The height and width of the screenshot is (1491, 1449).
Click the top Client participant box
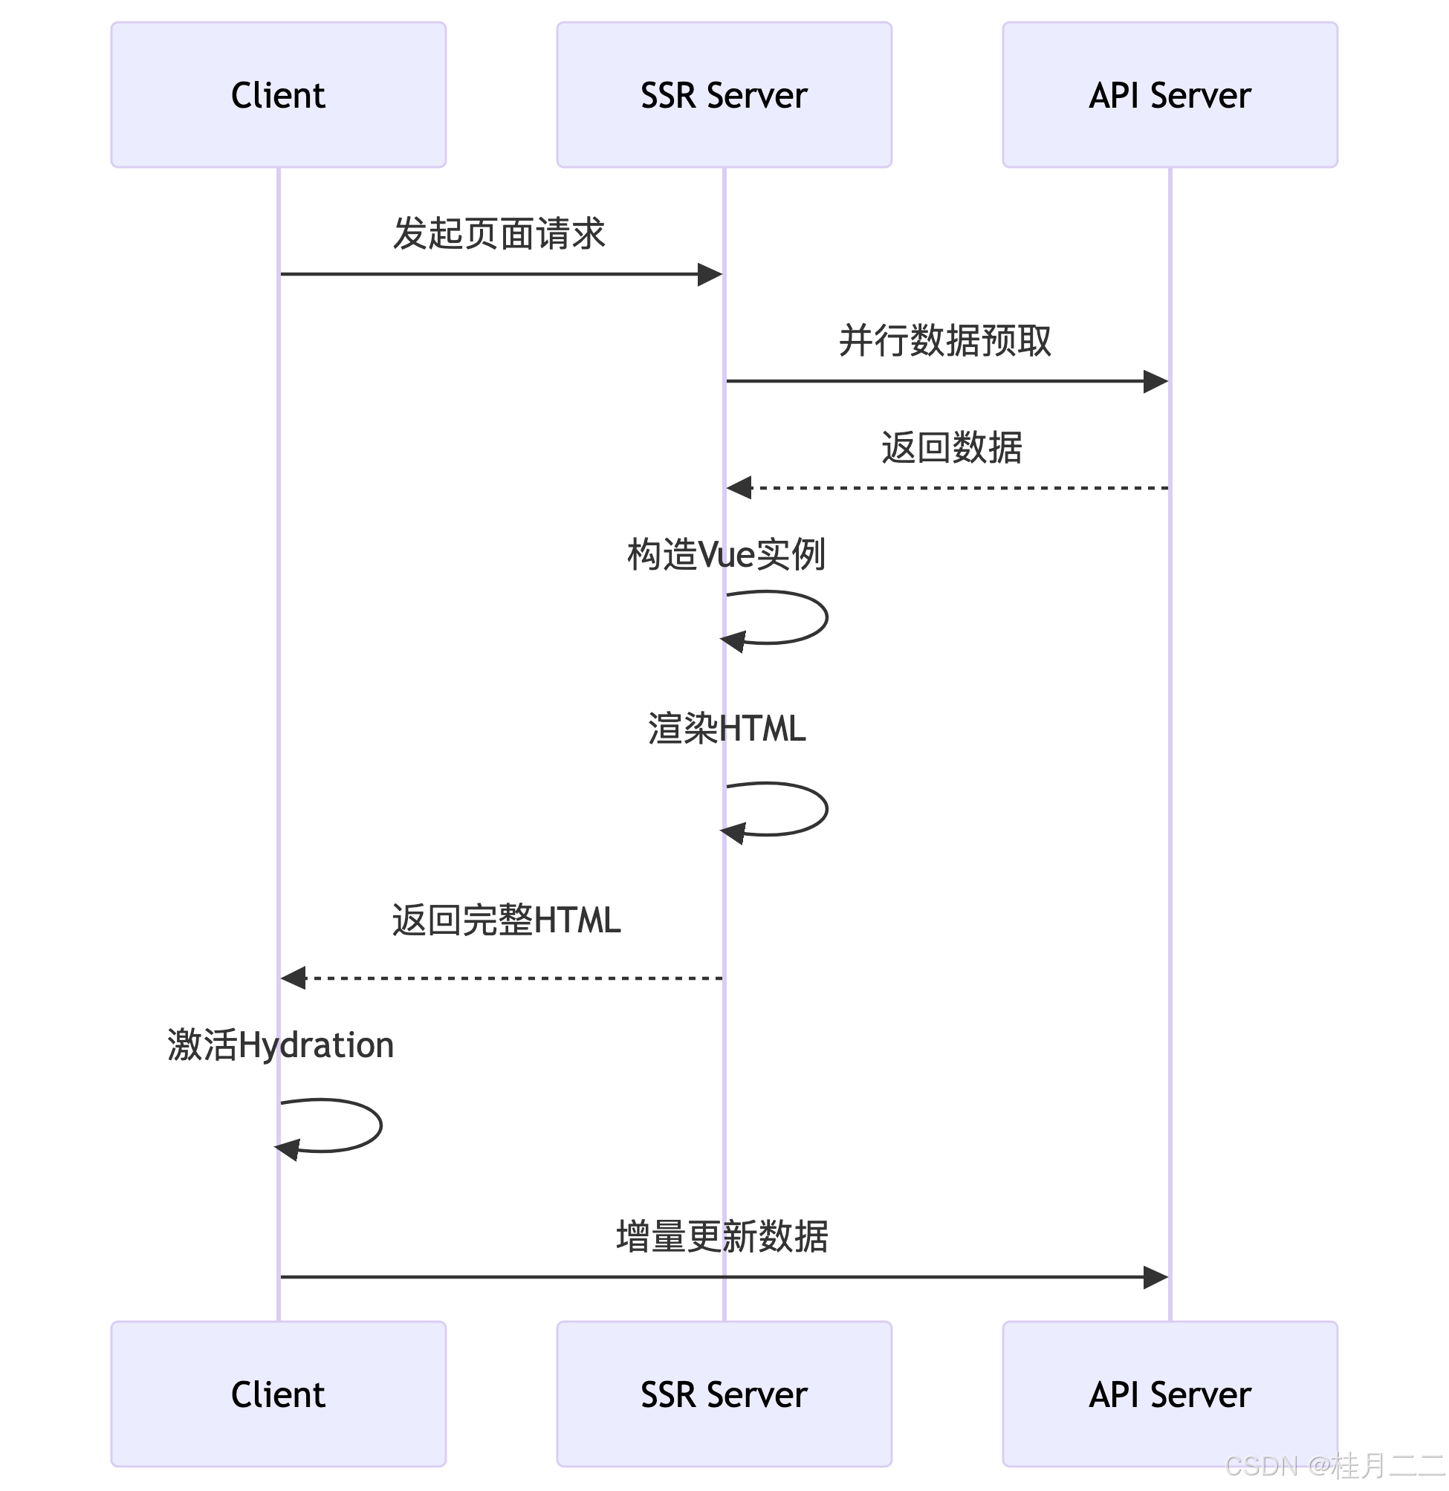278,94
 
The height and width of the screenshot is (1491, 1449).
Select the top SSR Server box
724,94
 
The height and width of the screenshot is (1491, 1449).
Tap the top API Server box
1170,94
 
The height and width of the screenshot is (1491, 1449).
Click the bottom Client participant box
278,1394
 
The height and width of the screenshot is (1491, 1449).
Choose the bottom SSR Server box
724,1394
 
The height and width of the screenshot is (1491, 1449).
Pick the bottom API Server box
1170,1394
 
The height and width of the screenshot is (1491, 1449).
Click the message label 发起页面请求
499,233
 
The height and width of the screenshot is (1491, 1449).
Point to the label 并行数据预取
944,340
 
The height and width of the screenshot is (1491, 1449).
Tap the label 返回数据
951,447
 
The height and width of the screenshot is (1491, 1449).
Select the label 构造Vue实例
726,554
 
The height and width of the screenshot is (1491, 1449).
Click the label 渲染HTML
726,728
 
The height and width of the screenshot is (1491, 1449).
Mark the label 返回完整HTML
506,920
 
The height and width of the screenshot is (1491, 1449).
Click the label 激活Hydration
280,1045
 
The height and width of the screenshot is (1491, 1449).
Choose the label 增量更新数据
722,1236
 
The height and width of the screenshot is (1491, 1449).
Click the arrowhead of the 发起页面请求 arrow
711,275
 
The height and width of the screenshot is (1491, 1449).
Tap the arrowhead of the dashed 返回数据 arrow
739,487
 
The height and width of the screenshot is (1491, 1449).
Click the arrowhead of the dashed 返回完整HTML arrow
294,978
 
